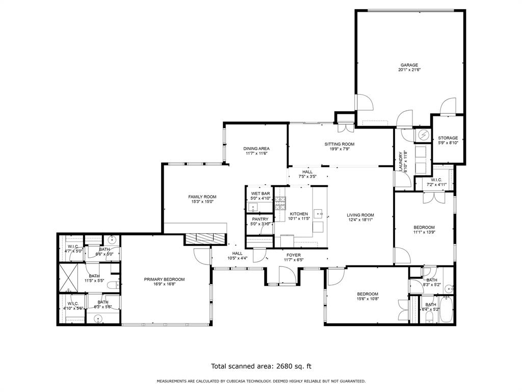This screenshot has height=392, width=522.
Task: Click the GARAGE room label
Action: point(409,65)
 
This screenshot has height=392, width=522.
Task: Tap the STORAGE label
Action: point(448,138)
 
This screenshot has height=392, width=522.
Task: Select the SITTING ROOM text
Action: point(339,144)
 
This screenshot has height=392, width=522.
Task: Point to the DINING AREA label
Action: point(256,149)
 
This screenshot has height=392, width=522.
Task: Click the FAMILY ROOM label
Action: point(202,197)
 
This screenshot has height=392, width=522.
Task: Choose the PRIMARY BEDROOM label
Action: point(164,279)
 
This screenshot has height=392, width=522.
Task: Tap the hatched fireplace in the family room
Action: point(204,238)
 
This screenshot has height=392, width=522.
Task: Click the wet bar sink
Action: point(253,207)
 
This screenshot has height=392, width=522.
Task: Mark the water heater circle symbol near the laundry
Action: point(423,135)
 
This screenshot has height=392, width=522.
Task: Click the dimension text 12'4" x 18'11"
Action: point(360,220)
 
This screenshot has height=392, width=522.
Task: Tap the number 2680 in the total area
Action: point(285,366)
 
